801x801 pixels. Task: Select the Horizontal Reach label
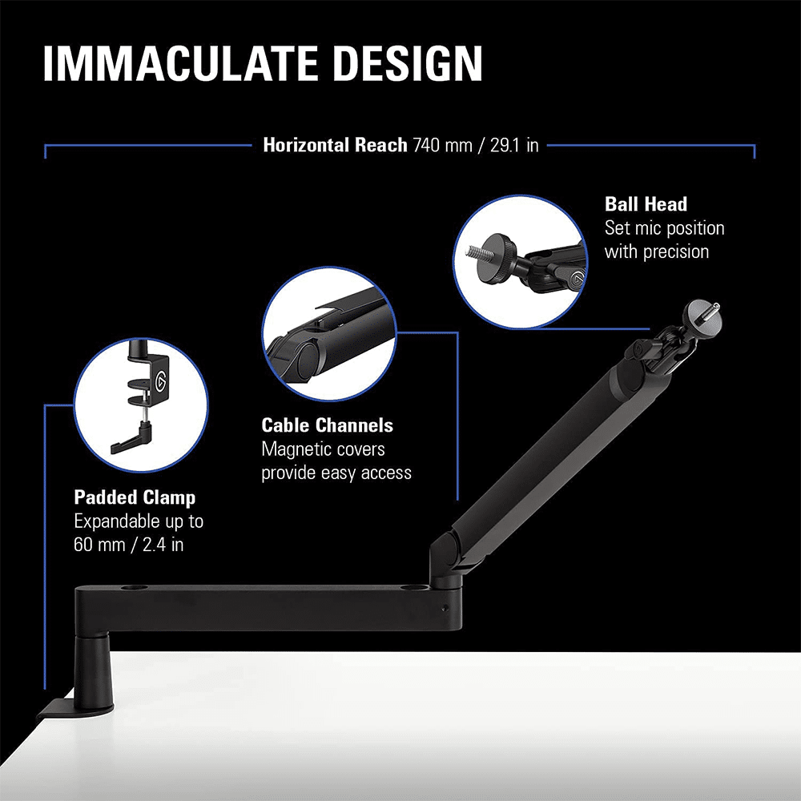[335, 146]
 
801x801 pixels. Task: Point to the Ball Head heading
[646, 203]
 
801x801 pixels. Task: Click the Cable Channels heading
[327, 425]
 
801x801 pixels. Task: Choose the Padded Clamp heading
[135, 497]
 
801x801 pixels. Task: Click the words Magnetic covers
[323, 449]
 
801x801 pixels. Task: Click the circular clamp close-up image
[140, 403]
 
